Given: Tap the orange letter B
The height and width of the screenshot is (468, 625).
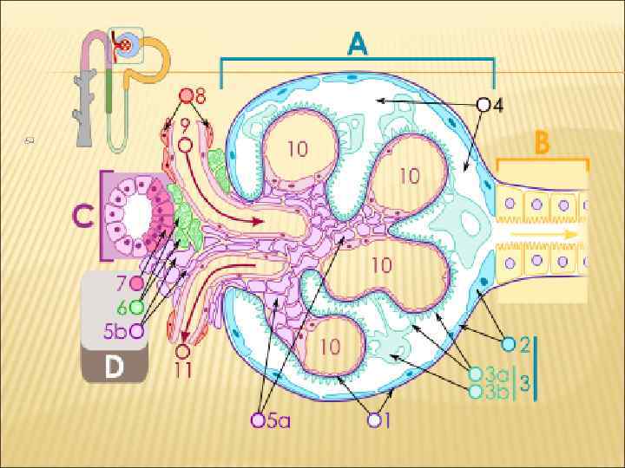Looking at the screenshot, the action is coord(542,143).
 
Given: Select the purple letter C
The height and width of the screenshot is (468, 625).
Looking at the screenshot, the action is coord(84,214).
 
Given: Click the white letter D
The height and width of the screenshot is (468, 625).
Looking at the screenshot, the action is coord(114,366).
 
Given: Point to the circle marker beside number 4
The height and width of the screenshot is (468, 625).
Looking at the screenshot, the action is coord(484,105).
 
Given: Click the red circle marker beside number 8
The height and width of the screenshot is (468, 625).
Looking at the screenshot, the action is coord(186,95).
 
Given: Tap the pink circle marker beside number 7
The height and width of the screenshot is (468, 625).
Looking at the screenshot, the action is coord(137,283).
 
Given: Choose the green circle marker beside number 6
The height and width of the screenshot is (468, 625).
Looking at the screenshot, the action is coord(137,306).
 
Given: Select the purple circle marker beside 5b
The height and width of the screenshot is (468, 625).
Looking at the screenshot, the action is coord(137,330).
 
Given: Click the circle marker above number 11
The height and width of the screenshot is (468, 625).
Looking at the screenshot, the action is coord(182,352).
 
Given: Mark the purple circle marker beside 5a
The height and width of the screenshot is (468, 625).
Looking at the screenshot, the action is coord(258,420).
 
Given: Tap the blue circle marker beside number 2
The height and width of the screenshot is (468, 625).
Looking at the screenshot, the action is coord(510,343).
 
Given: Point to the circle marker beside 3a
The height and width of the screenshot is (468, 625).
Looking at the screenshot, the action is coord(475,374).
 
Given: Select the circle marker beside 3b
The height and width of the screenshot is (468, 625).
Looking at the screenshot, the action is coord(475,391).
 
